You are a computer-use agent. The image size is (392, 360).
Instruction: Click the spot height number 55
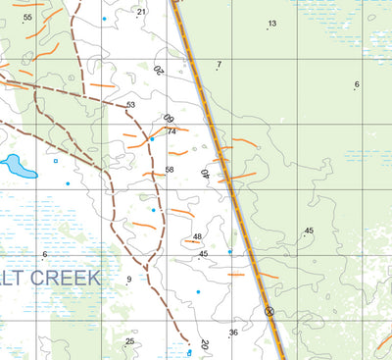[x=27, y=17]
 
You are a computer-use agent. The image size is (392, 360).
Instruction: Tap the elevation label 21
[x=141, y=12]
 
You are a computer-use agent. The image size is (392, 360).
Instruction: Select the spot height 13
[x=271, y=24]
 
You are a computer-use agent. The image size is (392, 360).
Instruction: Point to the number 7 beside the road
[x=219, y=65]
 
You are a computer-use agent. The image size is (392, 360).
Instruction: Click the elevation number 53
[x=130, y=105]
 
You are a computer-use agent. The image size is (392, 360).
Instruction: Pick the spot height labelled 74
[x=171, y=131]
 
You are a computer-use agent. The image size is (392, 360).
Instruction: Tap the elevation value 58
[x=170, y=170]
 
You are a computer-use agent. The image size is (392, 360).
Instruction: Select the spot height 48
[x=197, y=236]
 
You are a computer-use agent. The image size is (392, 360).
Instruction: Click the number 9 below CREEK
[x=128, y=280]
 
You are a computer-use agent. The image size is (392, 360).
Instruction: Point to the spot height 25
[x=129, y=341]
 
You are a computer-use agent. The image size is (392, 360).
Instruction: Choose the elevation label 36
[x=233, y=333]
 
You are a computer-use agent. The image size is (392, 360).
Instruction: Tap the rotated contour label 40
[x=206, y=175]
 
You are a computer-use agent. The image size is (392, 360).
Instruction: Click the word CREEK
[x=65, y=278]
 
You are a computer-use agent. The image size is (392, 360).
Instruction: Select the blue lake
[x=18, y=165]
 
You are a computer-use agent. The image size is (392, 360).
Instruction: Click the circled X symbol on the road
[x=269, y=311]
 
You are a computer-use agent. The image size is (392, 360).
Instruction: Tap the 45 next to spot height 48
[x=204, y=254]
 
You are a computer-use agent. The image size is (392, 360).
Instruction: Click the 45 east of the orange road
[x=309, y=231]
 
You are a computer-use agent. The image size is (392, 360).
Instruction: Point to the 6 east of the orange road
[x=357, y=84]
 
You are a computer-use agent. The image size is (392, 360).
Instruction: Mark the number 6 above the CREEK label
[x=45, y=255]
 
